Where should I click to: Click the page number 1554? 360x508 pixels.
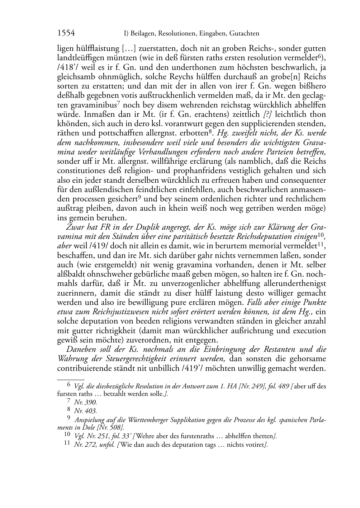pyautogui.click(x=66, y=33)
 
